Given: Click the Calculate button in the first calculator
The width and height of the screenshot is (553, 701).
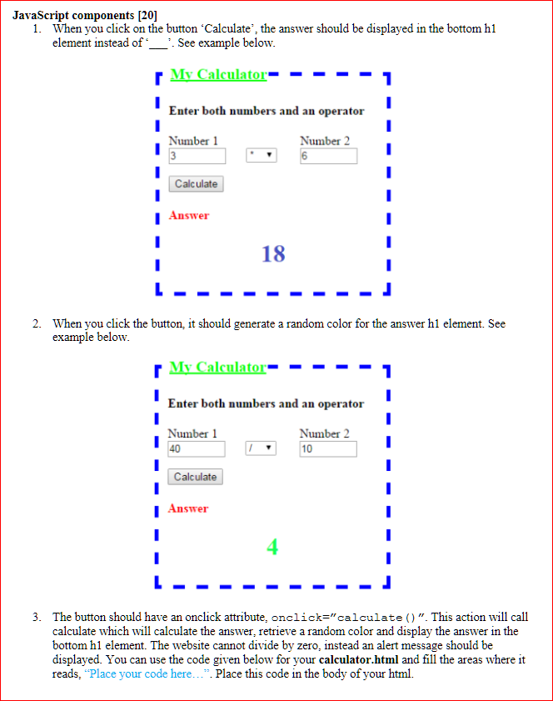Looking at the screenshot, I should pyautogui.click(x=196, y=183).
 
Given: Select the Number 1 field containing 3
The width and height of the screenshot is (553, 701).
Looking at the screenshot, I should pyautogui.click(x=197, y=156).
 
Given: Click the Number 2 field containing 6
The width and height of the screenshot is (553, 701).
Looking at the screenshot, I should pyautogui.click(x=328, y=156).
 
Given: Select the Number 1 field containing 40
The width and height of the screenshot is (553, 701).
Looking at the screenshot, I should pyautogui.click(x=197, y=448).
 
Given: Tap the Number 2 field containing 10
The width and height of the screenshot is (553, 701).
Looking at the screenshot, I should pyautogui.click(x=328, y=448).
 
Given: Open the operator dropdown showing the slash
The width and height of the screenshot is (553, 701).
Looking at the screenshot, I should pyautogui.click(x=262, y=448).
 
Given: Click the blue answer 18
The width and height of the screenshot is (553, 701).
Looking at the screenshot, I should pyautogui.click(x=273, y=253).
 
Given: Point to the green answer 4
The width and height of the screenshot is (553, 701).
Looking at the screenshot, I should pyautogui.click(x=272, y=547).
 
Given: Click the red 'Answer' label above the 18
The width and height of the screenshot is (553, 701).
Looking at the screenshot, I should pyautogui.click(x=189, y=215).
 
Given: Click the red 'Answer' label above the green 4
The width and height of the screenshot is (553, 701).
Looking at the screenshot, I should pyautogui.click(x=188, y=508).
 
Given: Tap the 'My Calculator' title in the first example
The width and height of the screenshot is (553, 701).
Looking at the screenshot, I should pyautogui.click(x=218, y=74).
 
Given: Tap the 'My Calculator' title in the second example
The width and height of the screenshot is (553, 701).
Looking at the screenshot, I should pyautogui.click(x=217, y=367).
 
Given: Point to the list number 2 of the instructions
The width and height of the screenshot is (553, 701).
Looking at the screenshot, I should pyautogui.click(x=37, y=323).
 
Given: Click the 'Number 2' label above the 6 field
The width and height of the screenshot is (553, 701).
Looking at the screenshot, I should pyautogui.click(x=325, y=141).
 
